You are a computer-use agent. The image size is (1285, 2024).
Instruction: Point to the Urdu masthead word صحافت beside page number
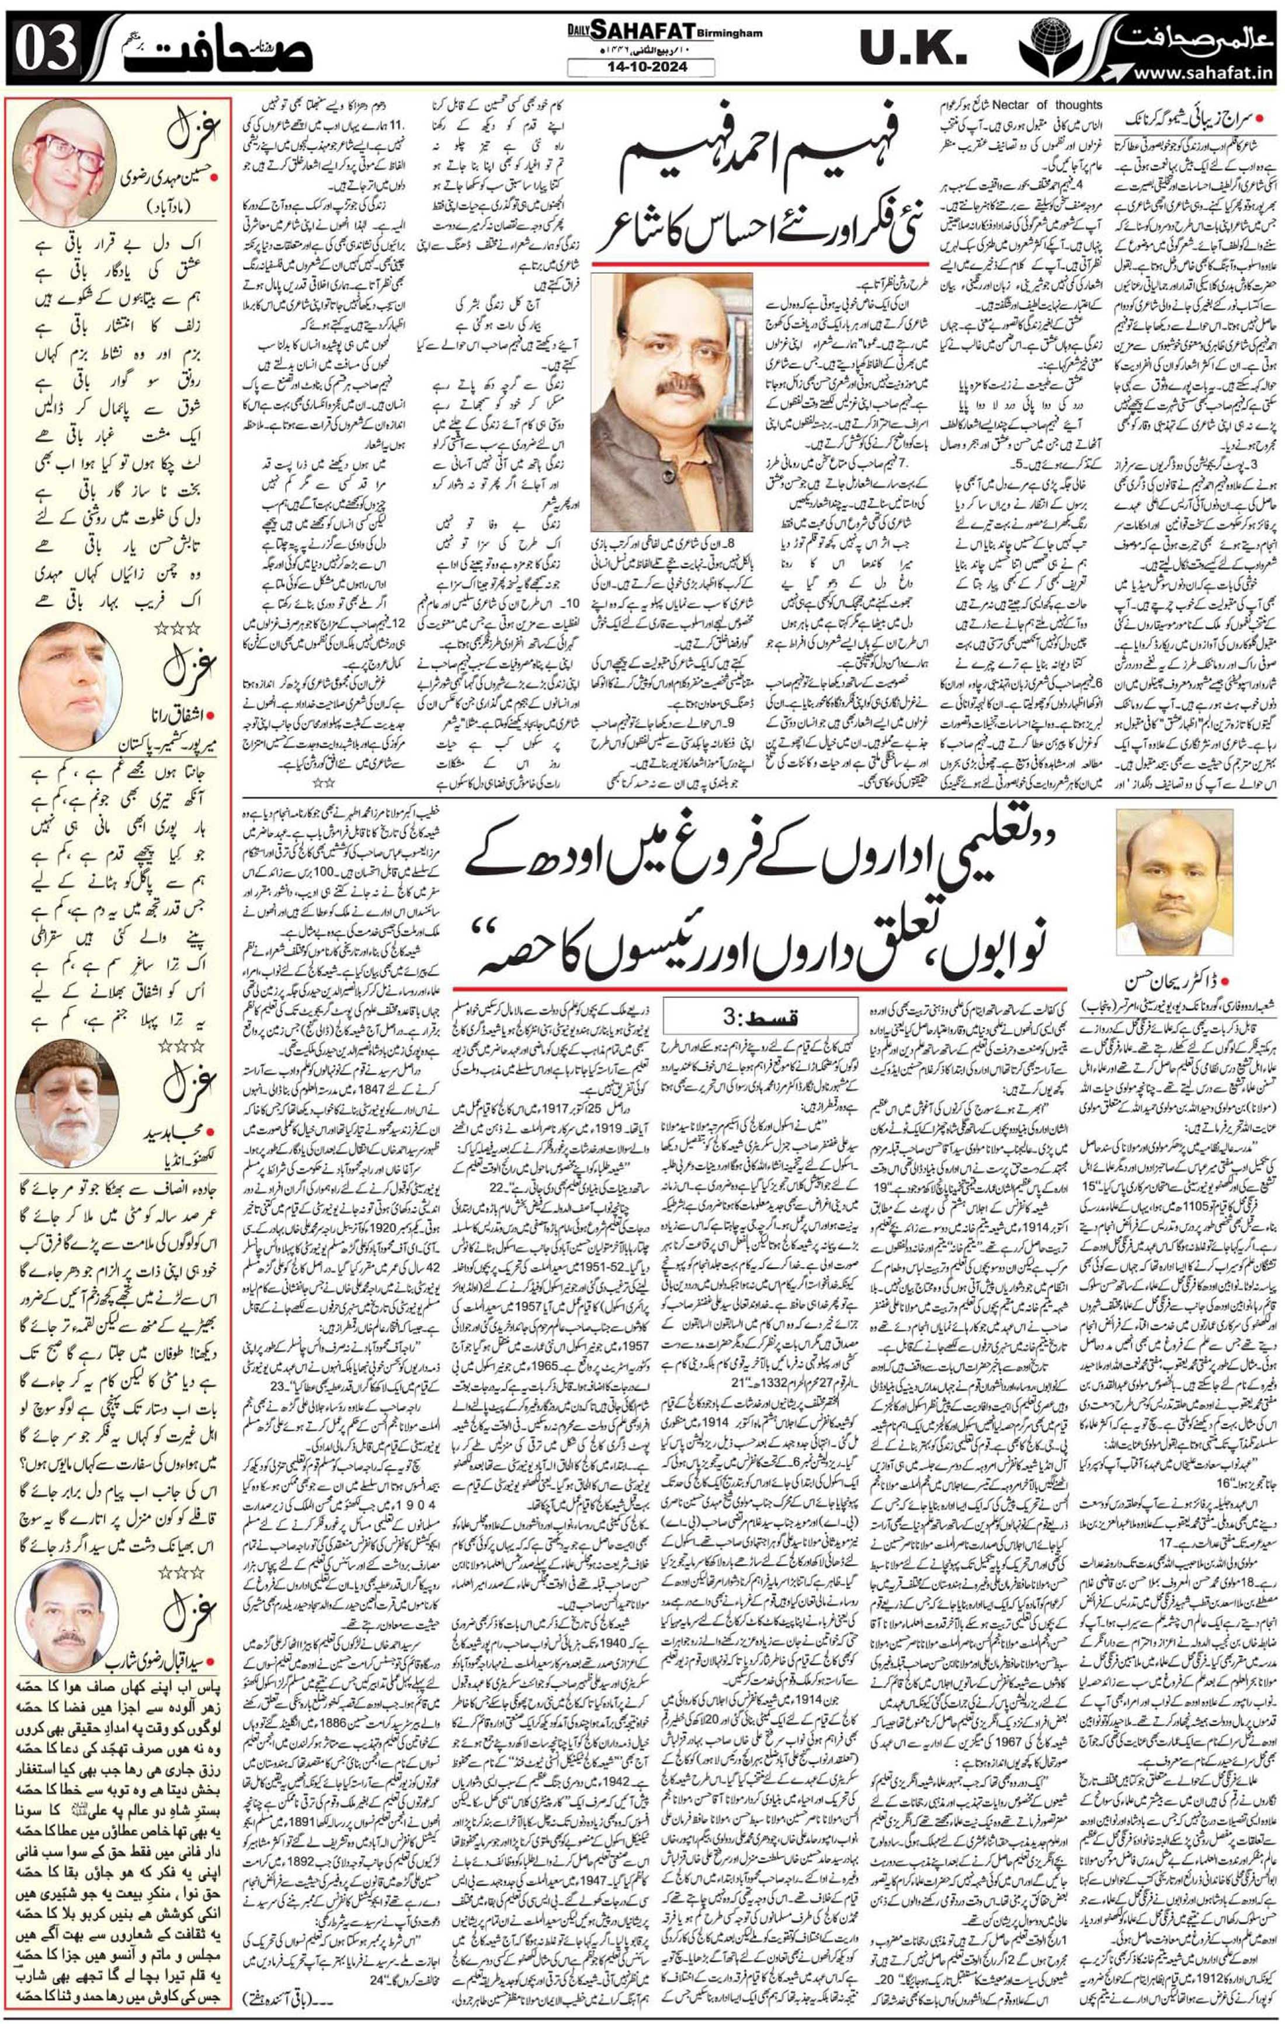click(x=225, y=52)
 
